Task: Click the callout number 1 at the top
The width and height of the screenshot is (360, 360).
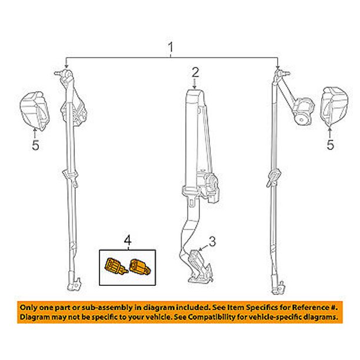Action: (x=171, y=47)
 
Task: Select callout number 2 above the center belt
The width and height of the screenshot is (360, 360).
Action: (x=195, y=72)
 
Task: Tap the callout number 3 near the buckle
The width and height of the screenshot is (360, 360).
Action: (x=212, y=242)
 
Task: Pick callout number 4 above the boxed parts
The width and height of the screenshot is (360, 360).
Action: (x=128, y=241)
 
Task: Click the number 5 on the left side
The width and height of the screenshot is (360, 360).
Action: (x=35, y=145)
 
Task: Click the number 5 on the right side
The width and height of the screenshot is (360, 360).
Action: (x=330, y=145)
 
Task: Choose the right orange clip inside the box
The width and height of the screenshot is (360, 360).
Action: (x=140, y=266)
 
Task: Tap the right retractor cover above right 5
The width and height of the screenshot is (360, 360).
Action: (x=334, y=106)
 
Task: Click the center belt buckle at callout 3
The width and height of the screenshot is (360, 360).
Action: (x=199, y=266)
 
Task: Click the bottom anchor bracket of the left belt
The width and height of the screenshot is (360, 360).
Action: (x=74, y=284)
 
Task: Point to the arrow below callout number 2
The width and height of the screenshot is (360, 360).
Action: (x=195, y=84)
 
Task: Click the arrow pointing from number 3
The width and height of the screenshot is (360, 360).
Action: (x=204, y=248)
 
